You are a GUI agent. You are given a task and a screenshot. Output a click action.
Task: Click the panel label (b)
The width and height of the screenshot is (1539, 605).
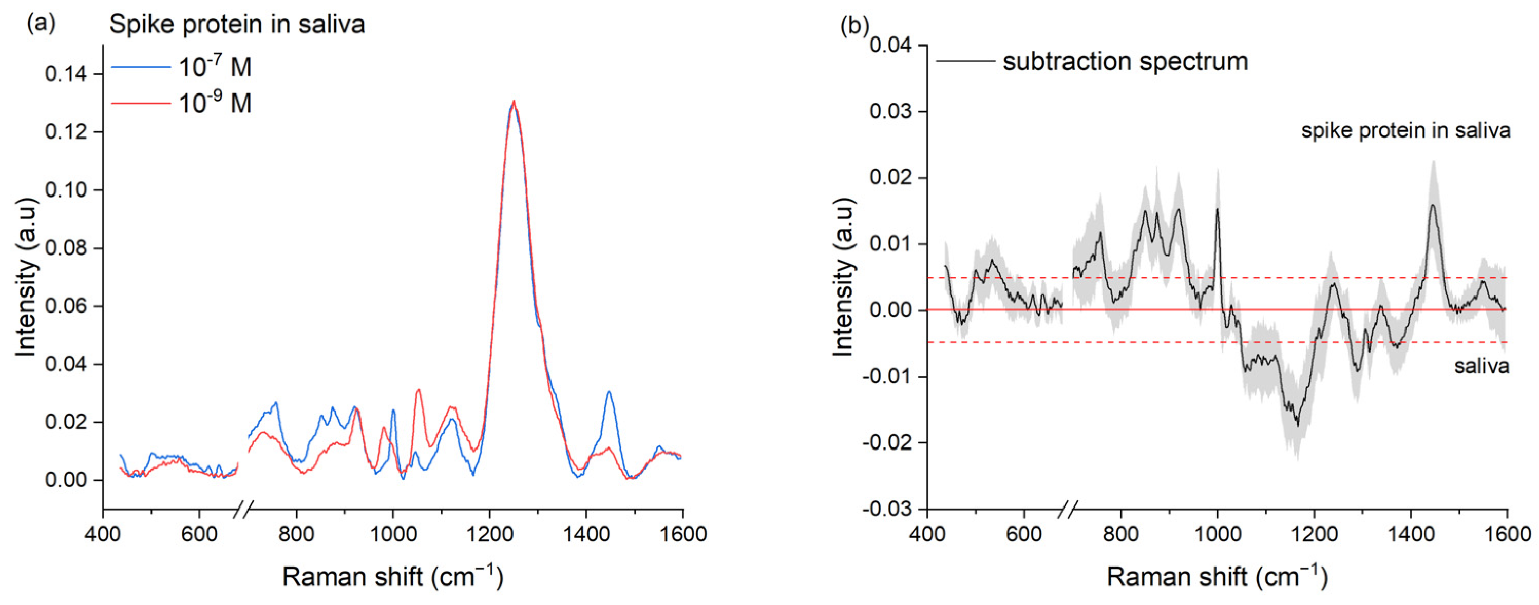coord(854,25)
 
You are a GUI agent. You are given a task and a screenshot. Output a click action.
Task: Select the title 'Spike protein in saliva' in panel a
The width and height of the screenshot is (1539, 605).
coord(237,25)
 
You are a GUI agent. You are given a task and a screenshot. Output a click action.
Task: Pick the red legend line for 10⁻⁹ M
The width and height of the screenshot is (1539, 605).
coord(141,103)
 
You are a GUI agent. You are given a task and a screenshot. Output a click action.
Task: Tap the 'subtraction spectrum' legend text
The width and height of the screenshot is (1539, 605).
coord(1125,62)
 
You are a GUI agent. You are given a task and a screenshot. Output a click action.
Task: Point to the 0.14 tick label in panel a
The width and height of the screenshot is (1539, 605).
coord(66,74)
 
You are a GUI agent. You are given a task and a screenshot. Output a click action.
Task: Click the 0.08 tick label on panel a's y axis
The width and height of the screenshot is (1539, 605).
coord(66,248)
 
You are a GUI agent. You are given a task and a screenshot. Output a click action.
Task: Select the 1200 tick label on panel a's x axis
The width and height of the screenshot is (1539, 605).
coord(489,533)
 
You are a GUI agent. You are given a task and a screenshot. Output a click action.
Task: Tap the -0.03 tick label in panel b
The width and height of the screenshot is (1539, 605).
coord(889,509)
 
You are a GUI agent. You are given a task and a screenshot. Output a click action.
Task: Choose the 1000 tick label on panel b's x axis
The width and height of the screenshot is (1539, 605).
coord(1217,533)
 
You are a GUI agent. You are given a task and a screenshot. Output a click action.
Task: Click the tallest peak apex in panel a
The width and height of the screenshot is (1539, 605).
coord(513,101)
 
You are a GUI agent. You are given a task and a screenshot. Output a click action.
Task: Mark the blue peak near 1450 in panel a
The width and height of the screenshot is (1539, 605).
coord(609,392)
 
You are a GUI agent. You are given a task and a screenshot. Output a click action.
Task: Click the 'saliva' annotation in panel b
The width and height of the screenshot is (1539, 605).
coord(1481,365)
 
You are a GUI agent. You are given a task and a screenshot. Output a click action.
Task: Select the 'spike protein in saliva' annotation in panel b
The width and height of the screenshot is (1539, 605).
coord(1406,130)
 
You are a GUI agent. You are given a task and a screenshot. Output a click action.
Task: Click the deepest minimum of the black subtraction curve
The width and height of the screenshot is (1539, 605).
coord(1298,425)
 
